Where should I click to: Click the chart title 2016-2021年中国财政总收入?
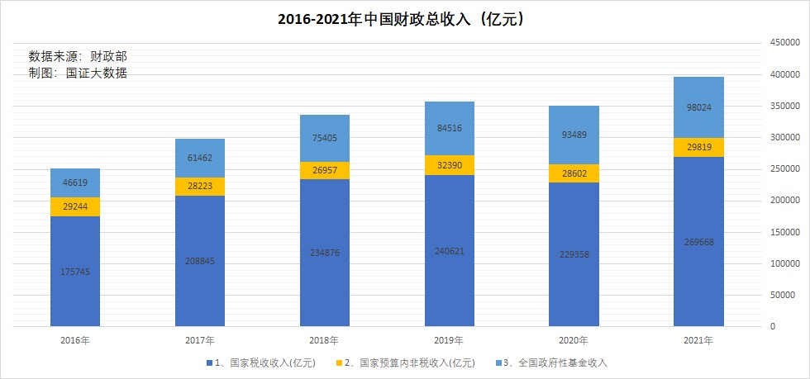(404, 19)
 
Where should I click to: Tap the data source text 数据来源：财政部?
(78, 56)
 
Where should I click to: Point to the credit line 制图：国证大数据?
(78, 73)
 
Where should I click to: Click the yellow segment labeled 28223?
(199, 187)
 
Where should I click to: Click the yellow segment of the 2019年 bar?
(449, 165)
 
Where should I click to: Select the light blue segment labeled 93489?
(574, 135)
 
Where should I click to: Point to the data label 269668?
(698, 242)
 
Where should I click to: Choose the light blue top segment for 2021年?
(698, 107)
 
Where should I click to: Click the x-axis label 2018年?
(324, 340)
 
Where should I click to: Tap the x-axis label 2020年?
(574, 340)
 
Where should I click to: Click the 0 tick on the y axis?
(773, 327)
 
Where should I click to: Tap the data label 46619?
(75, 182)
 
